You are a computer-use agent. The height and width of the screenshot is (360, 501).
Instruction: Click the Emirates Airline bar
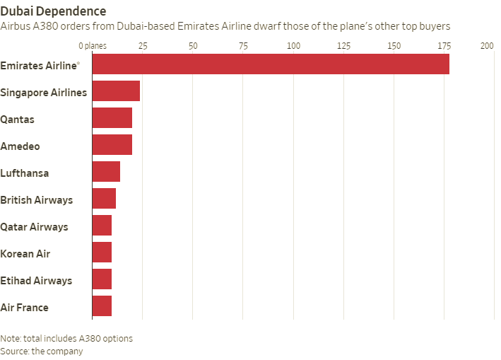(271, 64)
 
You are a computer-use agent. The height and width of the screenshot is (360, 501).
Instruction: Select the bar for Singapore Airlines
(116, 91)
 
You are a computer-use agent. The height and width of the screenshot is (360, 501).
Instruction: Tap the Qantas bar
(112, 118)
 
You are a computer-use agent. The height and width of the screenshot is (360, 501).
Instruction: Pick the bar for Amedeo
(112, 145)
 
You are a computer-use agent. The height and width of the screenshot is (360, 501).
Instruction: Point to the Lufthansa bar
(106, 172)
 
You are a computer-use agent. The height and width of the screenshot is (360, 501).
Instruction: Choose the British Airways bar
(104, 199)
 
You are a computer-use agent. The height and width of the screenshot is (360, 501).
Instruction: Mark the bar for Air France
(102, 306)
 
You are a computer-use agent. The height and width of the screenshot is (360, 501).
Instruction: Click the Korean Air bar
(102, 252)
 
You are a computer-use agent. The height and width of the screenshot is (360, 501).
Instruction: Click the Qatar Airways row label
(34, 227)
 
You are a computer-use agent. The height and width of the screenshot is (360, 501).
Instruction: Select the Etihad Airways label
(36, 281)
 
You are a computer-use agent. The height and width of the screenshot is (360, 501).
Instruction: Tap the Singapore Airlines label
(44, 93)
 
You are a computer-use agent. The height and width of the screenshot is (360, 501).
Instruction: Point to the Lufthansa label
(24, 173)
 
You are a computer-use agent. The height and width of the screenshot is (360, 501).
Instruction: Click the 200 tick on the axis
(487, 46)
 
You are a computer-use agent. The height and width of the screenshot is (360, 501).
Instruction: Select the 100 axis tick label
(294, 46)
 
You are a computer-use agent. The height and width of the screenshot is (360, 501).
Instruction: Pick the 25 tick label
(143, 46)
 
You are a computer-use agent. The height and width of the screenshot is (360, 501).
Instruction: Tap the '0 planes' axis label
(92, 46)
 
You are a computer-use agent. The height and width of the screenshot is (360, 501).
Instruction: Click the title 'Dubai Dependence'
(54, 11)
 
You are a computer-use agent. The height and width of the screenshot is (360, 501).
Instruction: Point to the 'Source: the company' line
(42, 351)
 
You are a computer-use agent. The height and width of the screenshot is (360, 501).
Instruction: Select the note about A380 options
(66, 338)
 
